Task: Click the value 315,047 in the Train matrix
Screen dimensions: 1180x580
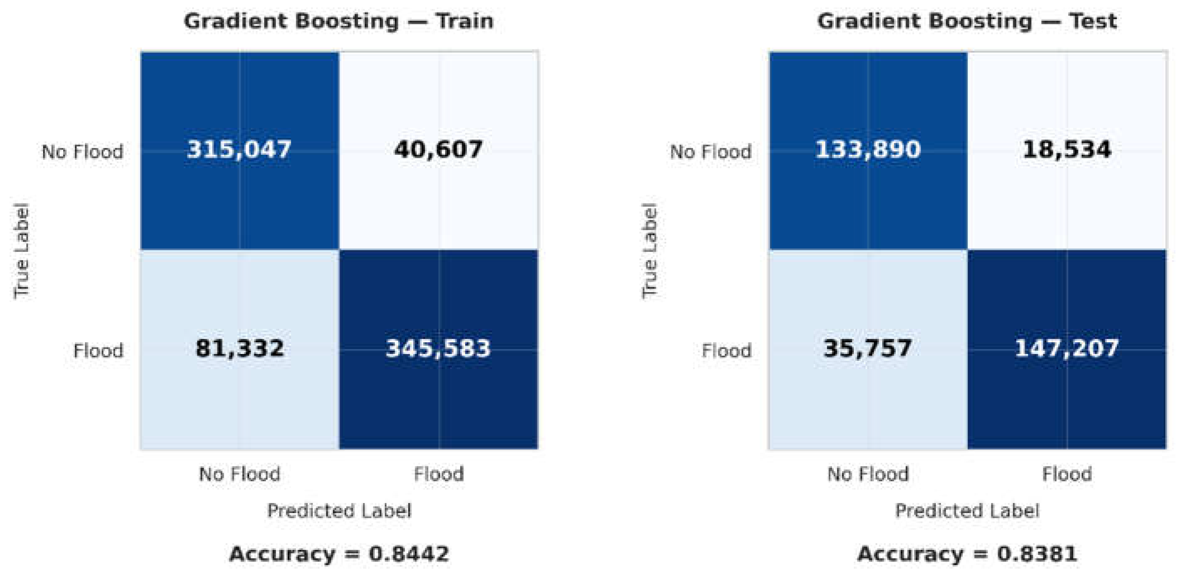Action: click(239, 150)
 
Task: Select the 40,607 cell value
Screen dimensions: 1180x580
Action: click(438, 150)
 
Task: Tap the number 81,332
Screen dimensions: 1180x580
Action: click(240, 349)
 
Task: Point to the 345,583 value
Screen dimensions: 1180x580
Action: click(438, 349)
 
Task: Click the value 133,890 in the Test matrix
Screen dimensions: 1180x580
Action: click(868, 150)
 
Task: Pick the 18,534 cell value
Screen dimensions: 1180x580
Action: click(1067, 150)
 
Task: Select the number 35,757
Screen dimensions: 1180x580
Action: click(868, 349)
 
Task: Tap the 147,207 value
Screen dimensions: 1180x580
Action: click(1067, 349)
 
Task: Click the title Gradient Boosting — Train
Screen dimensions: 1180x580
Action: click(339, 21)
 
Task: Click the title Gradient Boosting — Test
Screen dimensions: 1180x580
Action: click(968, 21)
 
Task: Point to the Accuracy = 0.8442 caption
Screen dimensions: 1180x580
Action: click(339, 554)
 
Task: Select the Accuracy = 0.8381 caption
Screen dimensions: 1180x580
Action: click(968, 554)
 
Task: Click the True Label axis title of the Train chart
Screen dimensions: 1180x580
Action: click(21, 251)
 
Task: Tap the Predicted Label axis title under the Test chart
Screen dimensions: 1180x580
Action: click(968, 511)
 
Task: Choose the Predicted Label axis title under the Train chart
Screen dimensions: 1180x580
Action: click(339, 511)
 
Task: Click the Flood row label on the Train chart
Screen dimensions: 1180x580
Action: click(98, 351)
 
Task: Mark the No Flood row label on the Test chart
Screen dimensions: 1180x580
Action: click(711, 152)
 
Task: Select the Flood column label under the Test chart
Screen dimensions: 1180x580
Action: click(1067, 474)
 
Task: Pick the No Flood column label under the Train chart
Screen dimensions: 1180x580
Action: click(240, 474)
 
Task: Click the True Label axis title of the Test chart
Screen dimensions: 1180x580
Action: click(650, 251)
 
